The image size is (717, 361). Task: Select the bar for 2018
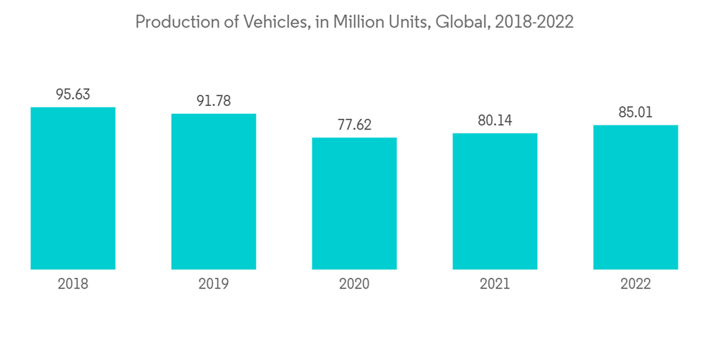tap(73, 188)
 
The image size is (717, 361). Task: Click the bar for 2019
tap(214, 191)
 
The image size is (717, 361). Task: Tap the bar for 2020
tap(354, 203)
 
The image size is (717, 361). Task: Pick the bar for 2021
tap(495, 201)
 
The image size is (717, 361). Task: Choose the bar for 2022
tap(635, 197)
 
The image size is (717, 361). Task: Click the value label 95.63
tap(73, 95)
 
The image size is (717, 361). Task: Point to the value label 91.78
tap(214, 101)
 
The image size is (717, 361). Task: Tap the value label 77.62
tap(354, 125)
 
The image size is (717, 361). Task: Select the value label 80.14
tap(495, 120)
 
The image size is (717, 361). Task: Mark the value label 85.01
tap(635, 112)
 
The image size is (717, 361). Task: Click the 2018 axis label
tap(73, 284)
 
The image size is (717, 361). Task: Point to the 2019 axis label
tap(214, 284)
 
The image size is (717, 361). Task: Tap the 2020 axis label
tap(354, 284)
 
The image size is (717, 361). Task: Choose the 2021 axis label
tap(495, 284)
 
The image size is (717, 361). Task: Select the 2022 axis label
tap(635, 284)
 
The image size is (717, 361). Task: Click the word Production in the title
tap(169, 23)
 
